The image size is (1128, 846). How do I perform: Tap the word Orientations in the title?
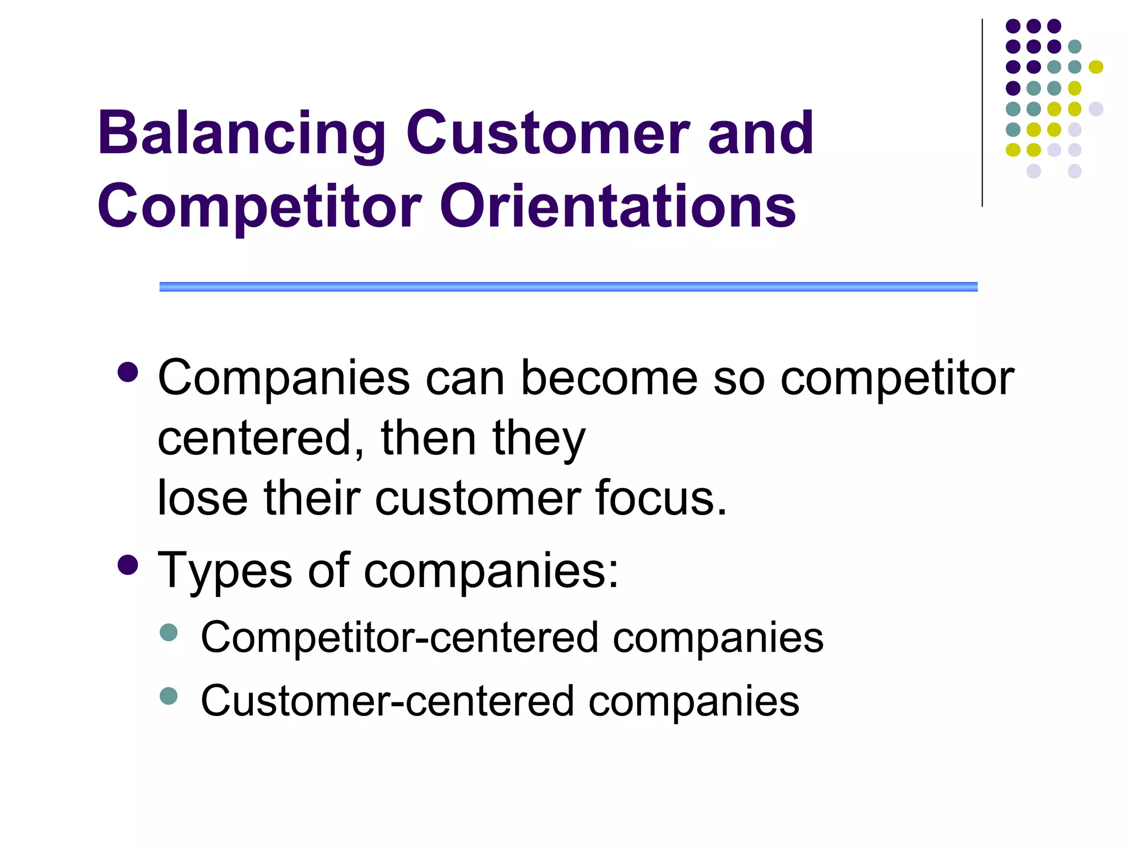tap(617, 206)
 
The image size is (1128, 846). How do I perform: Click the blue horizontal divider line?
tap(568, 286)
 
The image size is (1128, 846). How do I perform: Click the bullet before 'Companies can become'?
tap(128, 372)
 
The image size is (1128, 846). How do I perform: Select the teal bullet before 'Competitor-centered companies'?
tap(169, 632)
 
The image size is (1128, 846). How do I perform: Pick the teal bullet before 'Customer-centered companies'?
tap(169, 696)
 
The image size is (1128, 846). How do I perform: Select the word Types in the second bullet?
tap(225, 571)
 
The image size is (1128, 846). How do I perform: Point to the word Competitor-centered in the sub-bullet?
tap(399, 637)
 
